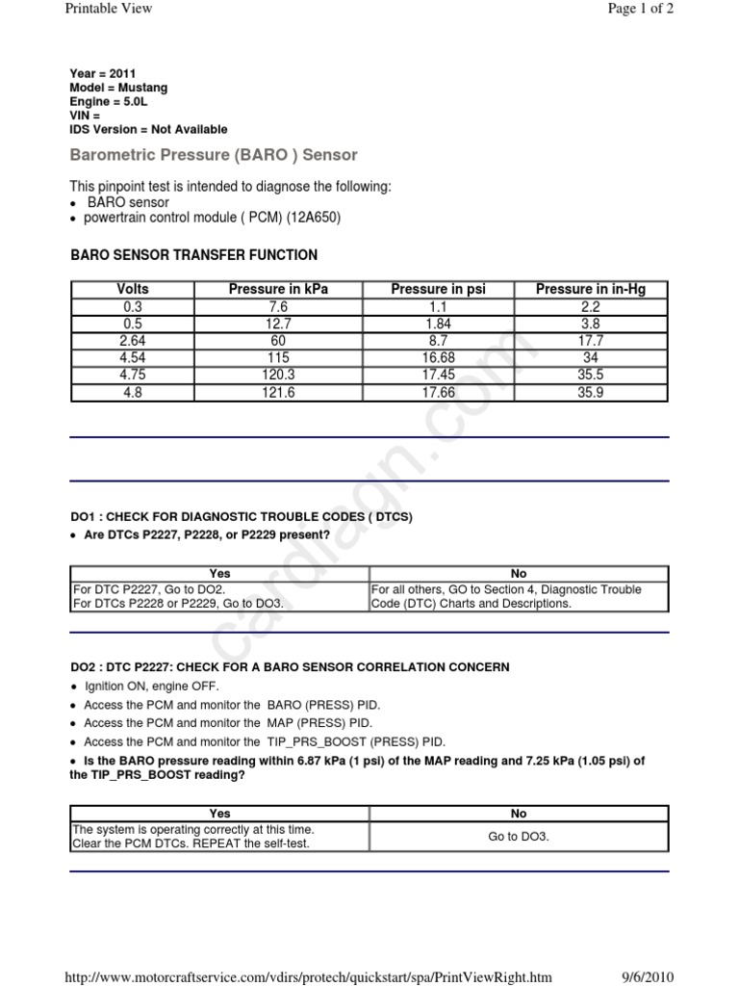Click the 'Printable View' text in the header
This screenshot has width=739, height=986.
108,9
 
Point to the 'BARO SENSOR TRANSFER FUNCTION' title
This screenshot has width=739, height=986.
194,255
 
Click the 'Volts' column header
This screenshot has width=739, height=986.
133,289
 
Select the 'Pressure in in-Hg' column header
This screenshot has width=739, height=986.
590,289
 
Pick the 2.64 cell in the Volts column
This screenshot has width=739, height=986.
133,340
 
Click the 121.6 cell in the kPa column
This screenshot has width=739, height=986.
278,392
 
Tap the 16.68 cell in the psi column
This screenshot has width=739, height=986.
439,357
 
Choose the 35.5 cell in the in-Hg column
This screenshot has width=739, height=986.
590,375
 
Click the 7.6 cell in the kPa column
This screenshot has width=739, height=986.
278,306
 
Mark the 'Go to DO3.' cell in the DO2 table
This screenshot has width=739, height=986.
519,837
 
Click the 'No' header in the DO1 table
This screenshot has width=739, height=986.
519,573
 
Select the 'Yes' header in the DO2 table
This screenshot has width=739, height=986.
219,814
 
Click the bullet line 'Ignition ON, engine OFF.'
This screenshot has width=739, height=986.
151,687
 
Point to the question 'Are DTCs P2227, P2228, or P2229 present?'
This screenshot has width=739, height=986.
207,534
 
